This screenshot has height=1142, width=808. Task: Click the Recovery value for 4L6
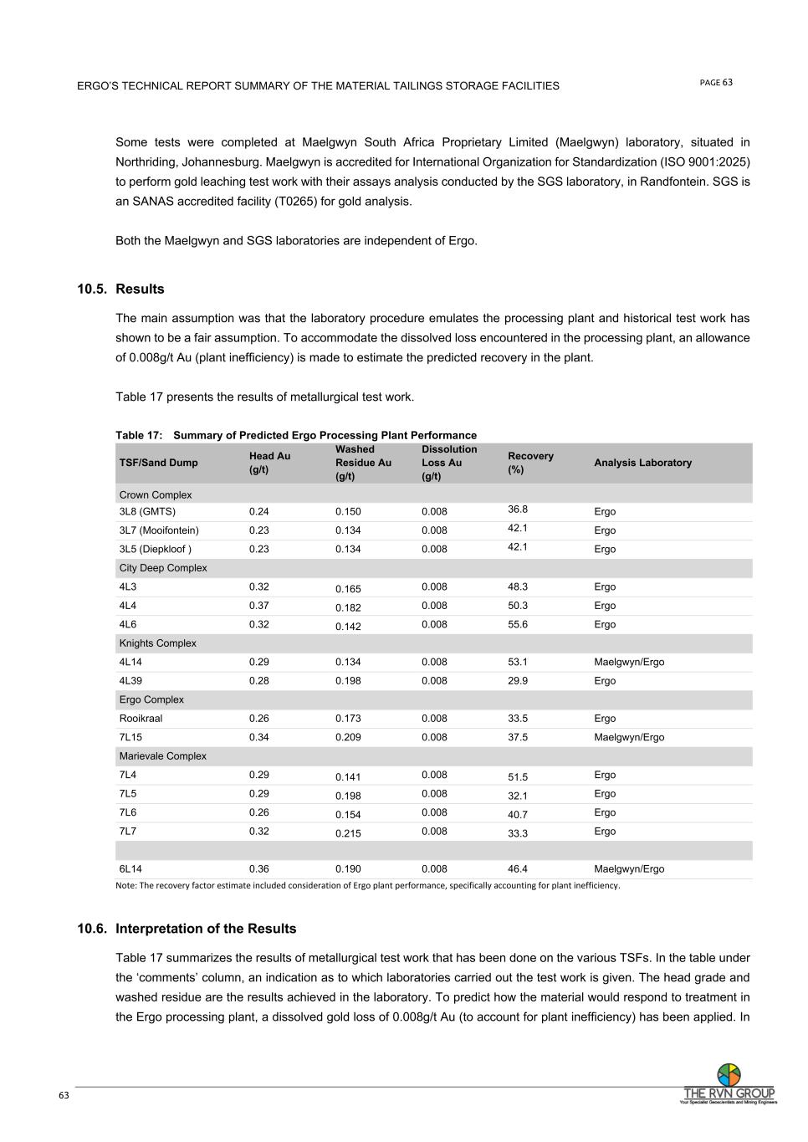[x=518, y=625]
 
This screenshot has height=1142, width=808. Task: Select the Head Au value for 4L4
[x=259, y=606]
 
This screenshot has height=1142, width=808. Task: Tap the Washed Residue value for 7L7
[x=348, y=833]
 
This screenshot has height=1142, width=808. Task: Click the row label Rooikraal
[x=141, y=719]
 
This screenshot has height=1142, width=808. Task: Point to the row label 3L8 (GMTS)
[x=147, y=512]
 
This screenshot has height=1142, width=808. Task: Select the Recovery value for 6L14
[x=518, y=869]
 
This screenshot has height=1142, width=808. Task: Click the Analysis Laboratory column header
[x=642, y=463]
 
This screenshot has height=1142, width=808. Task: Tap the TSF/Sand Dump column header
[x=159, y=463]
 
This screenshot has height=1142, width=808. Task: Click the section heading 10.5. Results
[x=121, y=289]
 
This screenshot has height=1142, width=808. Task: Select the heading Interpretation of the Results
[x=206, y=929]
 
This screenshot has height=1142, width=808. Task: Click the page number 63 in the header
[x=728, y=82]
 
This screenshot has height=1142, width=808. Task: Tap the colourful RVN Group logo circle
[x=729, y=1074]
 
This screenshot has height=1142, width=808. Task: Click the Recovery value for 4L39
[x=518, y=681]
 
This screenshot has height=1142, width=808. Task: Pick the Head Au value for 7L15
[x=259, y=738]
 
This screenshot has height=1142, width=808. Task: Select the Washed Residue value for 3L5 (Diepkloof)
[x=348, y=550]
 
